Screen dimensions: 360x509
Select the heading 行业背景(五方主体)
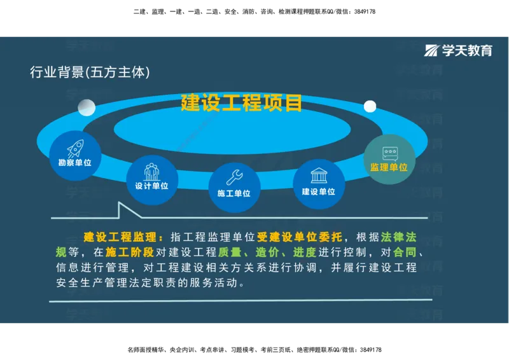pyautogui.click(x=90, y=73)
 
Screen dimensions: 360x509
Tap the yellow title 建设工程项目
pyautogui.click(x=241, y=102)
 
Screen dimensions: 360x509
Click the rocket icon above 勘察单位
pyautogui.click(x=75, y=149)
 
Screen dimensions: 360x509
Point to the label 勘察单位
pyautogui.click(x=75, y=163)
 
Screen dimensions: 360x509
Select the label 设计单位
pyautogui.click(x=151, y=186)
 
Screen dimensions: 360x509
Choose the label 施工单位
pyautogui.click(x=234, y=193)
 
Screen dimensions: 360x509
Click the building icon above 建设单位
pyautogui.click(x=319, y=176)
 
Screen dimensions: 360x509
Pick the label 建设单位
pyautogui.click(x=319, y=191)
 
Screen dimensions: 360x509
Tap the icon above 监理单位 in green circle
pyautogui.click(x=389, y=153)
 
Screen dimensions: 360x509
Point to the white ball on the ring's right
pyautogui.click(x=370, y=106)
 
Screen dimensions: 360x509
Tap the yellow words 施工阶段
pyautogui.click(x=130, y=253)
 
